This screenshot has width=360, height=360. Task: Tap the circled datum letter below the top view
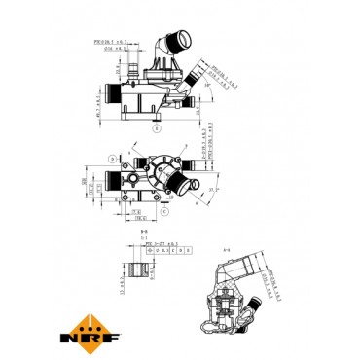(155, 126)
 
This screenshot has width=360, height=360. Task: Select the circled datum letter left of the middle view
(114, 156)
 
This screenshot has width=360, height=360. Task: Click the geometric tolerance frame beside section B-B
(169, 250)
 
